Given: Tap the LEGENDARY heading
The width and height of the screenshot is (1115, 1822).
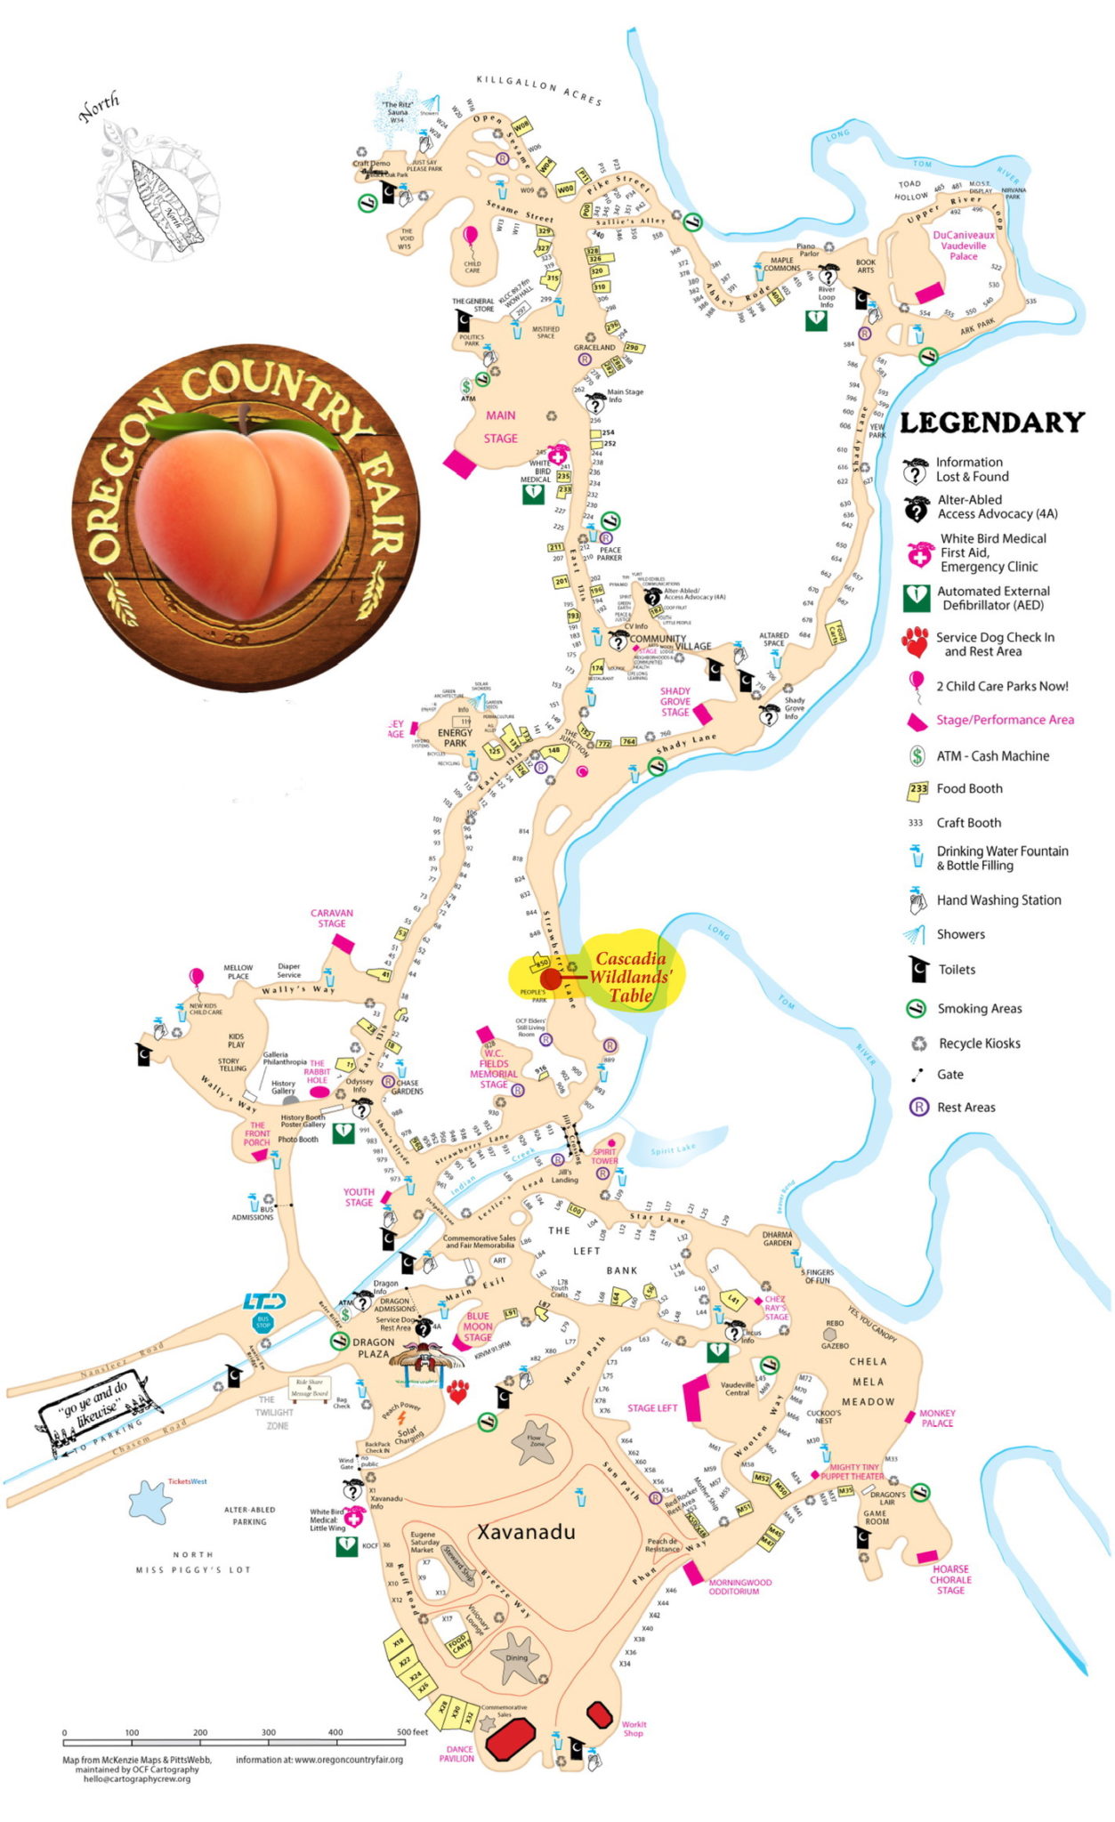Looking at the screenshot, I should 992,423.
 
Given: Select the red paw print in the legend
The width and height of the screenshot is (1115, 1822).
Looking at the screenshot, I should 915,641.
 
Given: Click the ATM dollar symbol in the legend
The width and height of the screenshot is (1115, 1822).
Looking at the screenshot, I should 916,756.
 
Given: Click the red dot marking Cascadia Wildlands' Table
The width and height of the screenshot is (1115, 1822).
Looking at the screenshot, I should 551,980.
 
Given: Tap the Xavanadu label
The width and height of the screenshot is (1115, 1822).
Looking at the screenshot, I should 526,1531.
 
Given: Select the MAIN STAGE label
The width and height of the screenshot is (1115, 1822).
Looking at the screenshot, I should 500,426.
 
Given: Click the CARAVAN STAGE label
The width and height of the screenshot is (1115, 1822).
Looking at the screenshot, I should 332,917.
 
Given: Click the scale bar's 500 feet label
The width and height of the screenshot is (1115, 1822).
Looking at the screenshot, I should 412,1732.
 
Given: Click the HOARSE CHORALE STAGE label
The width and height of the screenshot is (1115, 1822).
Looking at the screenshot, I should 950,1580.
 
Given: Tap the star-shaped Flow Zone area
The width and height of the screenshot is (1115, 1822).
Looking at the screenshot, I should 535,1442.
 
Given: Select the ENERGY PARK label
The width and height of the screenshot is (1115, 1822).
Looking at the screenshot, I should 455,738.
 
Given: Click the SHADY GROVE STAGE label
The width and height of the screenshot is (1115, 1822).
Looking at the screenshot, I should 675,701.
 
